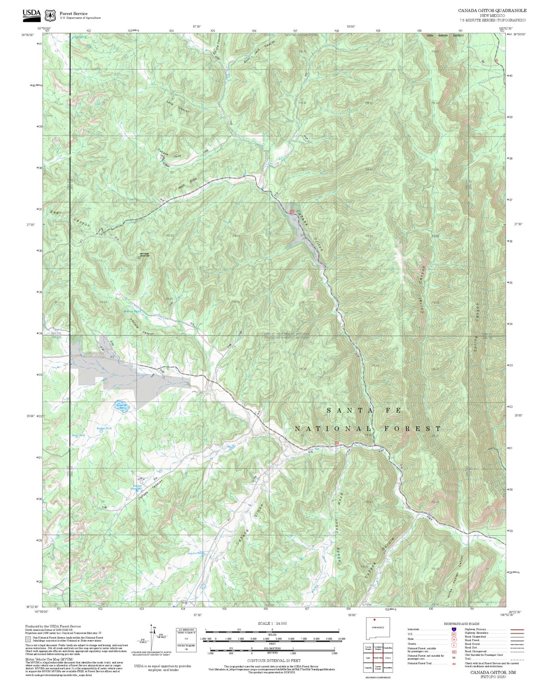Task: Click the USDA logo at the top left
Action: [x=31, y=14]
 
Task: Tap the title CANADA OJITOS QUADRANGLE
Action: [x=492, y=11]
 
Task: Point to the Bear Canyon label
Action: [x=70, y=219]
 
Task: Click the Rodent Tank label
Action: [x=104, y=428]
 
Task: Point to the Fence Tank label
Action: [x=79, y=435]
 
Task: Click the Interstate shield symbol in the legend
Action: [x=454, y=629]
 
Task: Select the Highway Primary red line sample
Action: [x=517, y=629]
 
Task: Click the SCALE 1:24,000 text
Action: [x=272, y=623]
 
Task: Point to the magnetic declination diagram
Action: [x=152, y=638]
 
